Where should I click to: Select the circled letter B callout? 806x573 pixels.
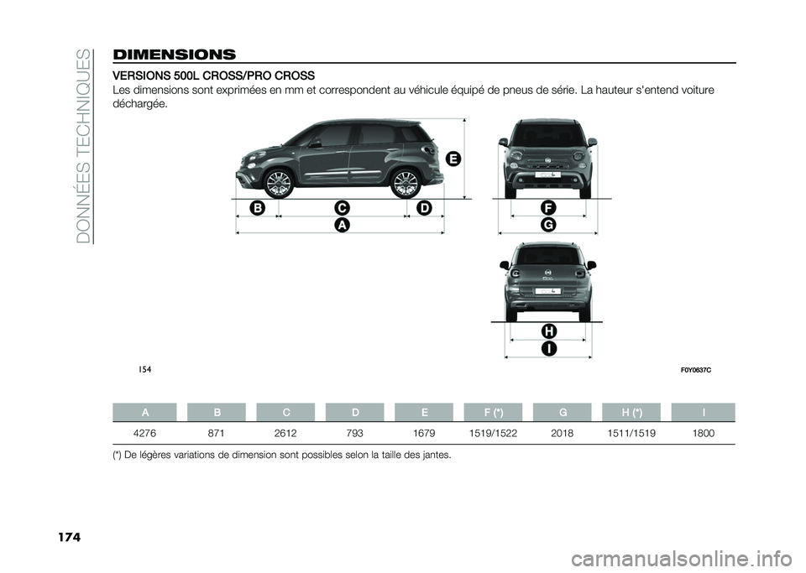coord(257,206)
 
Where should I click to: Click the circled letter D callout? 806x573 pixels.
coord(423,206)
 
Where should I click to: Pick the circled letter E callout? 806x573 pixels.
coord(453,159)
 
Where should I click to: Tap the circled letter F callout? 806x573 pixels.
coord(547,206)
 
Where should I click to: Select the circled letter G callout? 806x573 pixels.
coord(547,225)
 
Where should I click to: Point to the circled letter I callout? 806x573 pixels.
coord(547,348)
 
